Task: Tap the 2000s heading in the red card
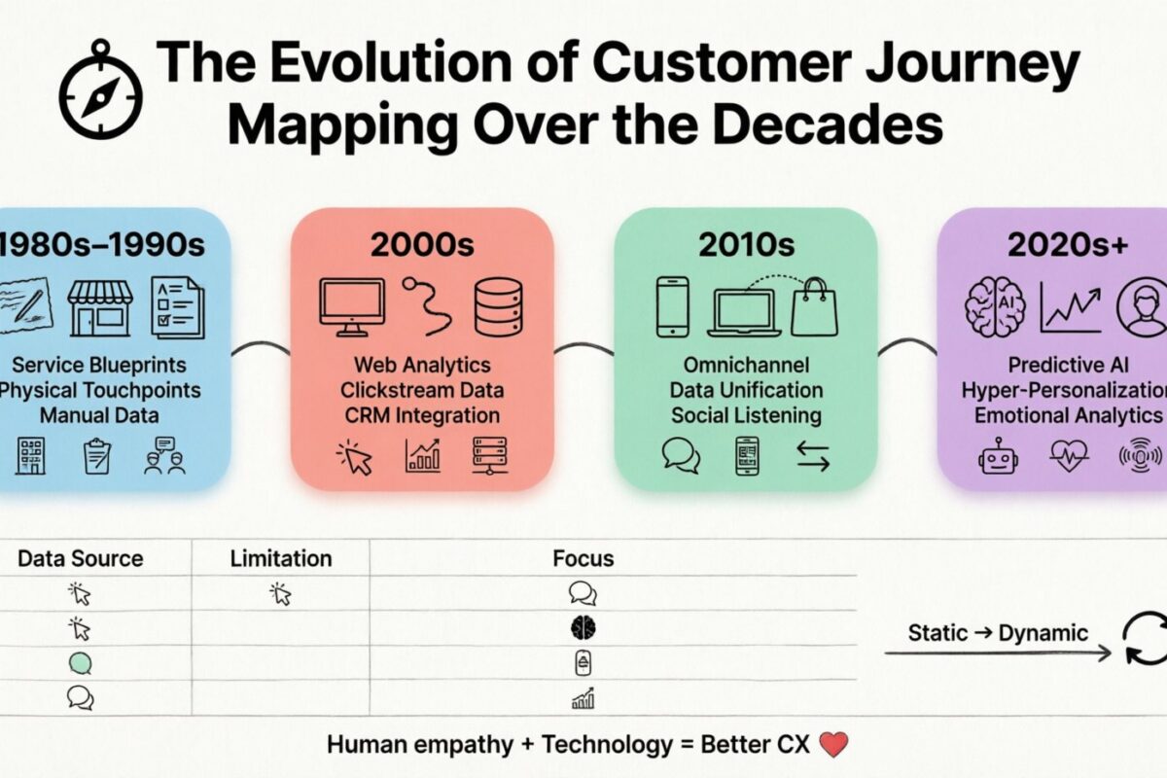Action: pyautogui.click(x=421, y=245)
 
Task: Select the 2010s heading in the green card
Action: pyautogui.click(x=745, y=245)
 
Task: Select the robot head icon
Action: pyautogui.click(x=999, y=454)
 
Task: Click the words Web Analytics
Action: pyautogui.click(x=422, y=366)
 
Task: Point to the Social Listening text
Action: pyautogui.click(x=746, y=415)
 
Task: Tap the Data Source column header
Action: pyautogui.click(x=81, y=558)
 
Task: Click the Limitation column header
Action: pyautogui.click(x=281, y=558)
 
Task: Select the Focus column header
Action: pyautogui.click(x=583, y=558)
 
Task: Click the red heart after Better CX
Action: pyautogui.click(x=834, y=745)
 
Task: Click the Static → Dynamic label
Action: pyautogui.click(x=998, y=632)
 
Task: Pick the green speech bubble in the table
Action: pyautogui.click(x=81, y=663)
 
